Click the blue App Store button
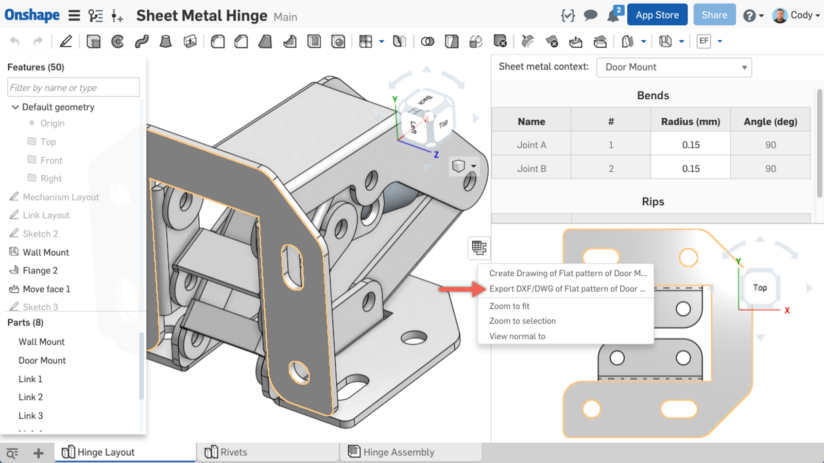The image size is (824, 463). click(657, 15)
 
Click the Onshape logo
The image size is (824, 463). click(32, 15)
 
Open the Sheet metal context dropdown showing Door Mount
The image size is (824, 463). click(674, 67)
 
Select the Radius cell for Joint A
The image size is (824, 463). click(690, 145)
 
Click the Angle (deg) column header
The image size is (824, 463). click(770, 122)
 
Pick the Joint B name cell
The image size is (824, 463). click(531, 169)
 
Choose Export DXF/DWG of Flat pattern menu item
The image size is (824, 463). click(566, 289)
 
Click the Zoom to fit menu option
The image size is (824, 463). click(509, 306)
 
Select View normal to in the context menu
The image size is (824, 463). click(517, 336)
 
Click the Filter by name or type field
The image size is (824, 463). click(73, 87)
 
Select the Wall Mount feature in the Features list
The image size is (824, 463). click(45, 252)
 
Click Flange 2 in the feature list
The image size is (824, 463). click(40, 271)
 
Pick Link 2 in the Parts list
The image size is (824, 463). click(30, 397)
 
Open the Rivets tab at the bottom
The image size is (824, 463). click(233, 452)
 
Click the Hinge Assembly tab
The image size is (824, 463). click(398, 452)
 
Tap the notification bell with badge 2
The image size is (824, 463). click(613, 15)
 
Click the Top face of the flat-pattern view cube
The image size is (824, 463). click(760, 288)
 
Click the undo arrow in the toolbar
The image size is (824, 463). click(15, 42)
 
